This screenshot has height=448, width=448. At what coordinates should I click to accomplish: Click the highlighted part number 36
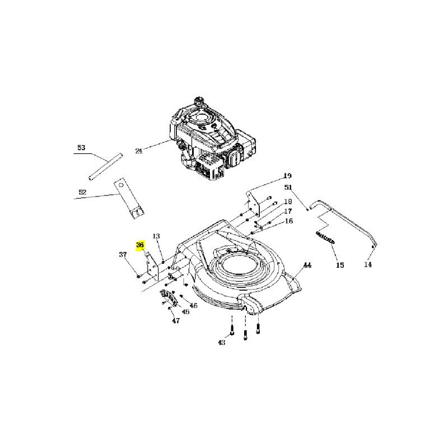140,245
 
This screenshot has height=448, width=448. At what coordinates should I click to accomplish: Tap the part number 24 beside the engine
138,151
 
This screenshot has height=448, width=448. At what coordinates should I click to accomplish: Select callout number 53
81,148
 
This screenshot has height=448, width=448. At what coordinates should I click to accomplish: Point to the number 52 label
82,192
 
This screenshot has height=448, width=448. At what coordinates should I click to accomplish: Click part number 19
287,175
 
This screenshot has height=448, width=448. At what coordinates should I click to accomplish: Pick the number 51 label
288,188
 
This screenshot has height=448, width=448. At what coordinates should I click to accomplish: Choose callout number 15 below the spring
340,265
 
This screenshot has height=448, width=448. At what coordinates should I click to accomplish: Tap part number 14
368,264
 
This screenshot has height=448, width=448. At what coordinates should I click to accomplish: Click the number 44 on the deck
307,265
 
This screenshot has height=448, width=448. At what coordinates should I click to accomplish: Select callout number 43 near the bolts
221,342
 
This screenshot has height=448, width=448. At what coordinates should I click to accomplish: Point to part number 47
176,320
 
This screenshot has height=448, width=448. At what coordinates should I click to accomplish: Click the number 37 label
123,254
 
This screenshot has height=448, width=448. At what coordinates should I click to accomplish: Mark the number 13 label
156,236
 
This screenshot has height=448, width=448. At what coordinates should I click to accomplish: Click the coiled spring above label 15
325,237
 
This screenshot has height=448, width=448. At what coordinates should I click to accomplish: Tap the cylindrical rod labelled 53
105,167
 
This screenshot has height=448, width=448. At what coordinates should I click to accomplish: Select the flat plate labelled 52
129,199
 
